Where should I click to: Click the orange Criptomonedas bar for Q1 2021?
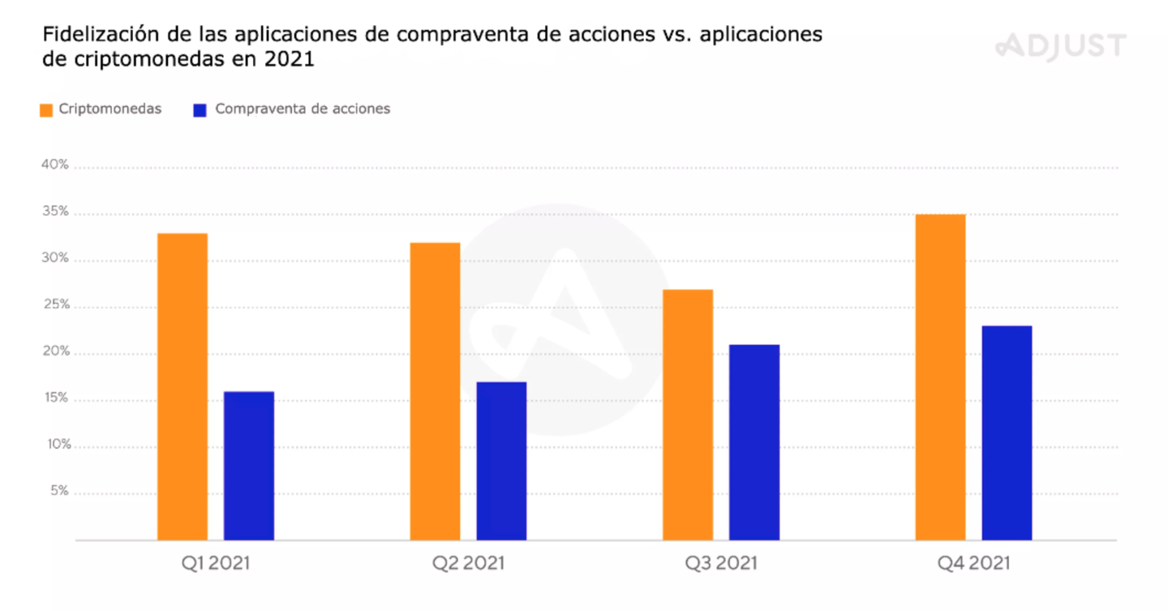pos(182,387)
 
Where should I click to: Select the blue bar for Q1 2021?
pos(249,466)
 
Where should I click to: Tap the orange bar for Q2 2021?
pos(435,391)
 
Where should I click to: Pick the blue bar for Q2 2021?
pos(501,461)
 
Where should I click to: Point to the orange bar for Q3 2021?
pos(688,414)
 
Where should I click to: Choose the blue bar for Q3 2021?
pos(754,442)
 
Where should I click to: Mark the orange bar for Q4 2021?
pos(940,377)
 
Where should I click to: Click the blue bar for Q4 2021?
pos(1007,433)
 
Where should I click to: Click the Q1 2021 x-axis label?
pos(216,562)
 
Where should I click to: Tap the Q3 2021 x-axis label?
pos(721,562)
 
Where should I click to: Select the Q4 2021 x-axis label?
pos(974,562)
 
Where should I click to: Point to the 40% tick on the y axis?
pos(55,166)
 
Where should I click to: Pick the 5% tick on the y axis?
pos(58,492)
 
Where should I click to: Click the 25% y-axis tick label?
pos(55,305)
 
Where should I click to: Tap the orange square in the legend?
pos(46,110)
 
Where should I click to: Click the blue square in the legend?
pos(200,110)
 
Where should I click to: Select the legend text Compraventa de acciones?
pos(303,109)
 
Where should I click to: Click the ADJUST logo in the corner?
pos(1061,45)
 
